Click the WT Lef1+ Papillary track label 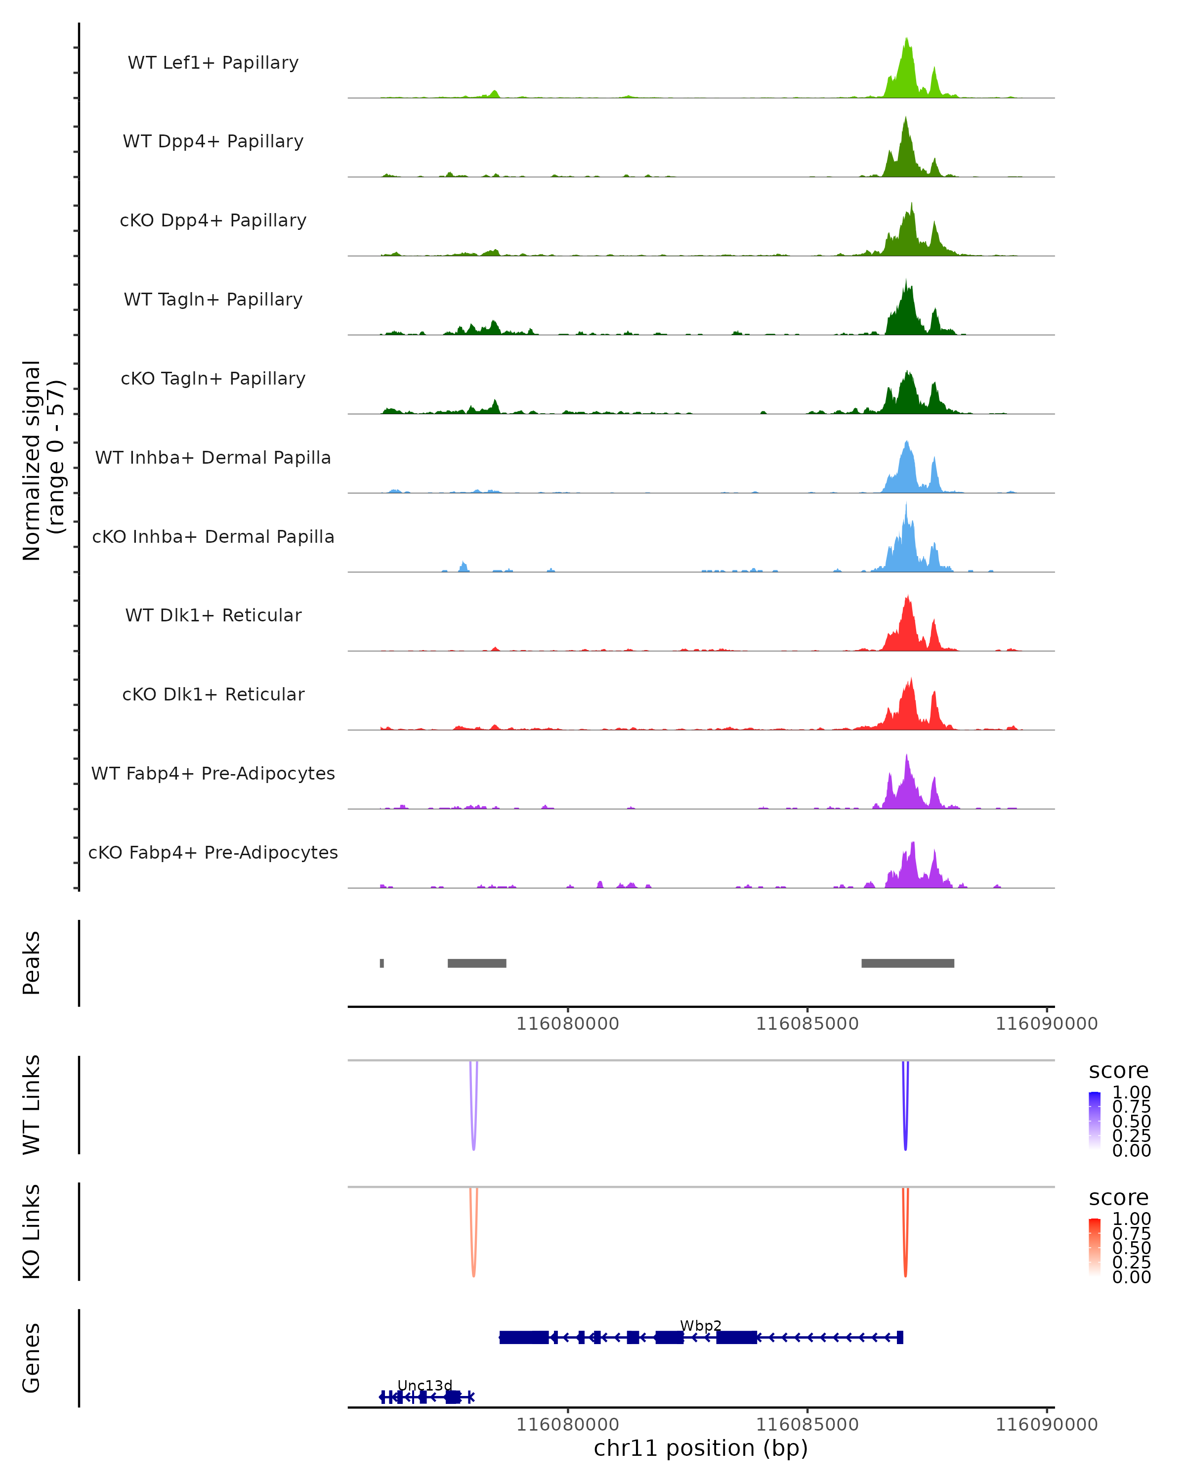[213, 63]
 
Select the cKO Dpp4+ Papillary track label [213, 220]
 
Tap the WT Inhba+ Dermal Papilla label [213, 457]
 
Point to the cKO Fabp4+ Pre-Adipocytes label [213, 852]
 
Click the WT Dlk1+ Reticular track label [213, 615]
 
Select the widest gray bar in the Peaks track [908, 963]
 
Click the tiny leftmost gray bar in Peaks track [381, 963]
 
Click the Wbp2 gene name [701, 1325]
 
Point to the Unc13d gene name [425, 1385]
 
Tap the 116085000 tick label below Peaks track [807, 1024]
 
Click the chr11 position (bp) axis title [701, 1448]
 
